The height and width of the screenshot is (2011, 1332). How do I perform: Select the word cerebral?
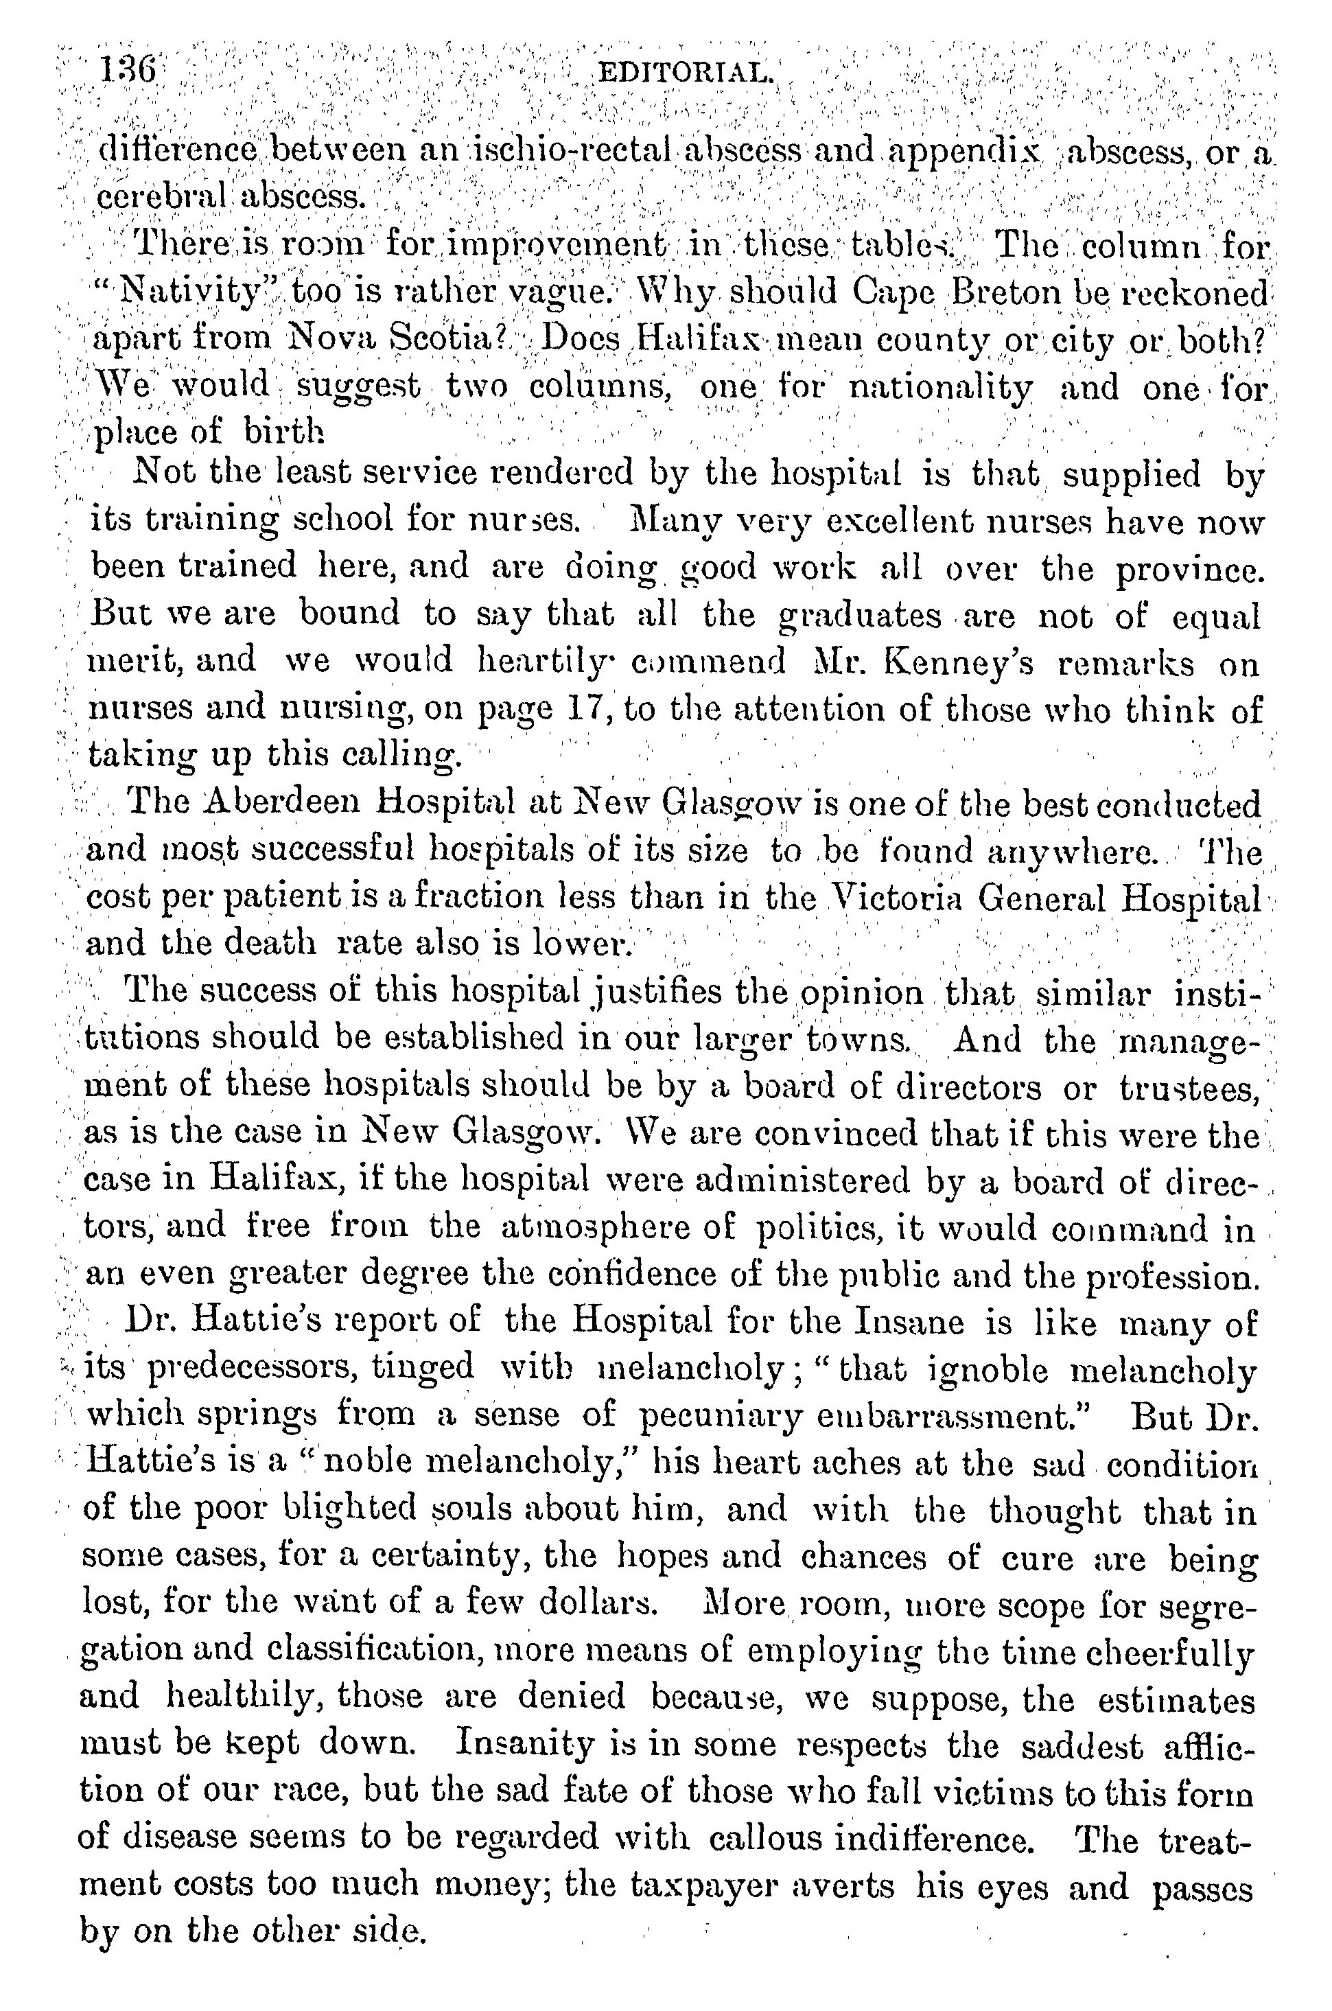click(161, 198)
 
